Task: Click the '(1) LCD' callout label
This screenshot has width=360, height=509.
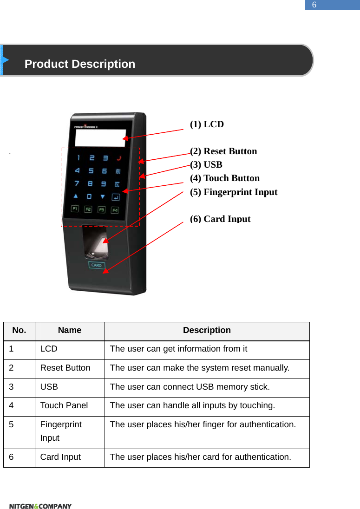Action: [x=207, y=124]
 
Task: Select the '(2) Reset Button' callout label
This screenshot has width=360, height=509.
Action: [x=223, y=151]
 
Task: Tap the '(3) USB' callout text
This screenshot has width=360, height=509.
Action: [x=206, y=165]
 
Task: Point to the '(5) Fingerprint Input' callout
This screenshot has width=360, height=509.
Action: [x=234, y=192]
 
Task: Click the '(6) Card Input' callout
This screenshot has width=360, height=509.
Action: [x=220, y=219]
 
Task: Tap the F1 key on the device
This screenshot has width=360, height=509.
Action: [x=75, y=209]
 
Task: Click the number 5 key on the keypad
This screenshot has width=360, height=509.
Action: [x=91, y=171]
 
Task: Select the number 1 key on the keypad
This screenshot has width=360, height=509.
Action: [x=79, y=158]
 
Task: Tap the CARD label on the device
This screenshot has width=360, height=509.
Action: [x=96, y=265]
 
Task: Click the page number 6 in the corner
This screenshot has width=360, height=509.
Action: [x=314, y=5]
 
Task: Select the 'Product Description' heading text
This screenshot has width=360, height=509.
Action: [x=80, y=64]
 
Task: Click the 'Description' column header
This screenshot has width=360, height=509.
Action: [x=207, y=331]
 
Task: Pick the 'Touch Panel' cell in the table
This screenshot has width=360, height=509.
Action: [x=64, y=405]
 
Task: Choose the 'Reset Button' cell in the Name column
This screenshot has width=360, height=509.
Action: [x=65, y=368]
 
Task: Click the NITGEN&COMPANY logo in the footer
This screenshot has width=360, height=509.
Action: [x=40, y=506]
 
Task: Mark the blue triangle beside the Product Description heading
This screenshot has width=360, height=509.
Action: [x=5, y=60]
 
